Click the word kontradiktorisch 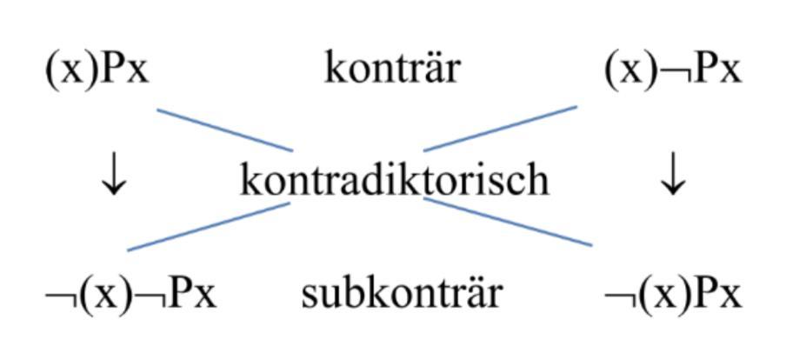[394, 180]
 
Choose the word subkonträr [402, 294]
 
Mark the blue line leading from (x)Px [223, 130]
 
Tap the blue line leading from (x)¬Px [500, 129]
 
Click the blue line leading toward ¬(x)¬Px [209, 226]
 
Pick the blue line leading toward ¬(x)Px [509, 222]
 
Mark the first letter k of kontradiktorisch [250, 180]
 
